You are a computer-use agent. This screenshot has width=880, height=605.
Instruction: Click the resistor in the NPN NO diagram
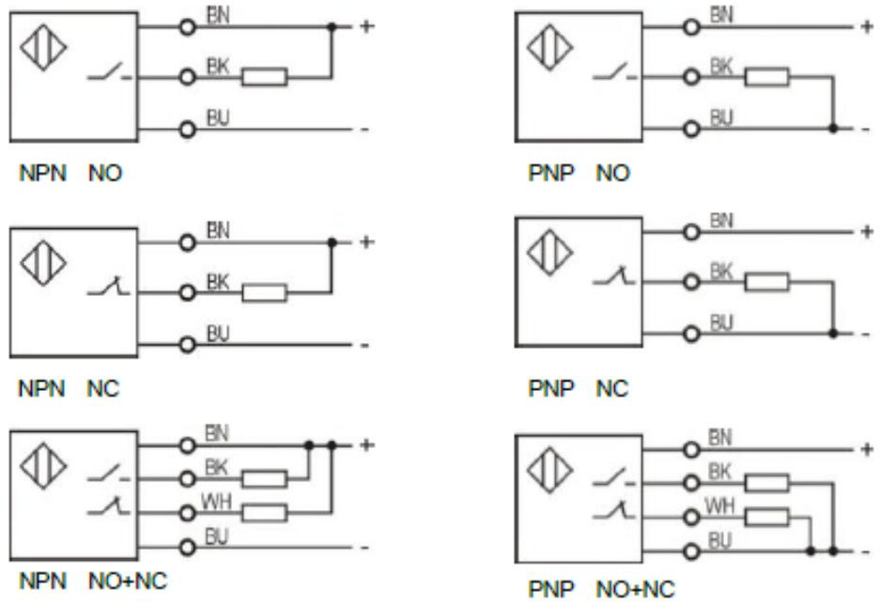[x=264, y=77]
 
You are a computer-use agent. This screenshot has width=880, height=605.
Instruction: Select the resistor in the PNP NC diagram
[x=767, y=281]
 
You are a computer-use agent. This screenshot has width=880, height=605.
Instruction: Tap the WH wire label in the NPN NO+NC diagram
[x=215, y=504]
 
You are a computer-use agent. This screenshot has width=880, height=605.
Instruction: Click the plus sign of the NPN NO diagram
[x=366, y=27]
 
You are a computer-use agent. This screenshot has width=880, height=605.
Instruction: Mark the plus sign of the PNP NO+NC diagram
[x=866, y=449]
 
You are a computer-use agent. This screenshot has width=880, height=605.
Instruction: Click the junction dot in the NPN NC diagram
[x=332, y=242]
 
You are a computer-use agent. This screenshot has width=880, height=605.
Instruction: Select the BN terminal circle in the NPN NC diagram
[x=188, y=242]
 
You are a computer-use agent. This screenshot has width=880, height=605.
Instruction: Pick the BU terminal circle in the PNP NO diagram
[x=693, y=128]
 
